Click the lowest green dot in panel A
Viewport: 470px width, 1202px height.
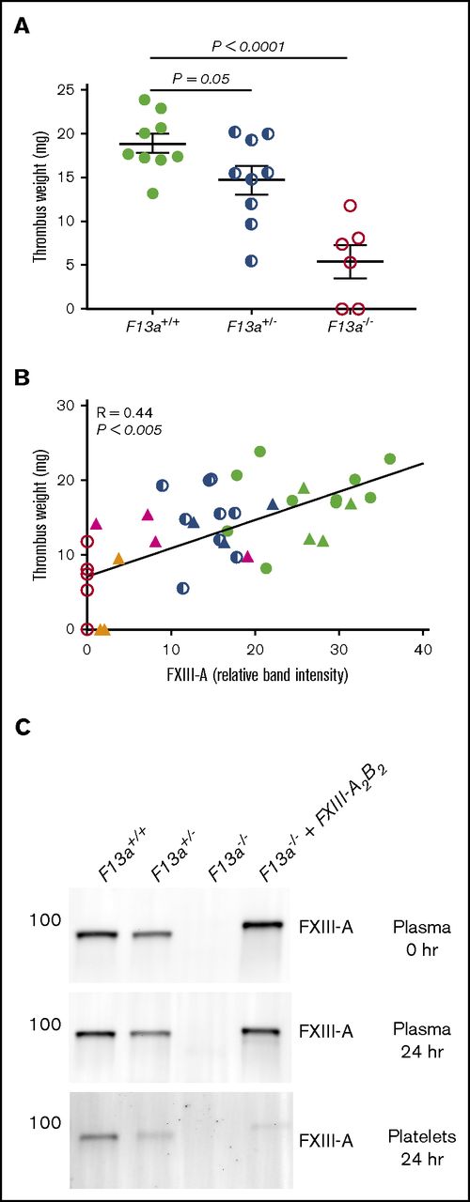[x=153, y=193]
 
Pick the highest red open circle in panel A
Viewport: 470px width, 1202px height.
[x=351, y=205]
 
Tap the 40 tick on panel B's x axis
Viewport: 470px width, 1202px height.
[x=423, y=648]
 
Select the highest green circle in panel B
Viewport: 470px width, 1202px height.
[x=259, y=452]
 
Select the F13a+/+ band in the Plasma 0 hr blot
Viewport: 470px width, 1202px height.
[x=135, y=935]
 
